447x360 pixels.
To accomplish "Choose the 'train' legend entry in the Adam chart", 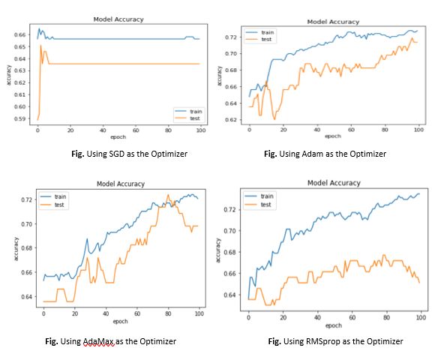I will [x=267, y=33].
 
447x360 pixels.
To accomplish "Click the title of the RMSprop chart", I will [x=334, y=182].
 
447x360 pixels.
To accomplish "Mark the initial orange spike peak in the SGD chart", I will [x=40, y=46].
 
